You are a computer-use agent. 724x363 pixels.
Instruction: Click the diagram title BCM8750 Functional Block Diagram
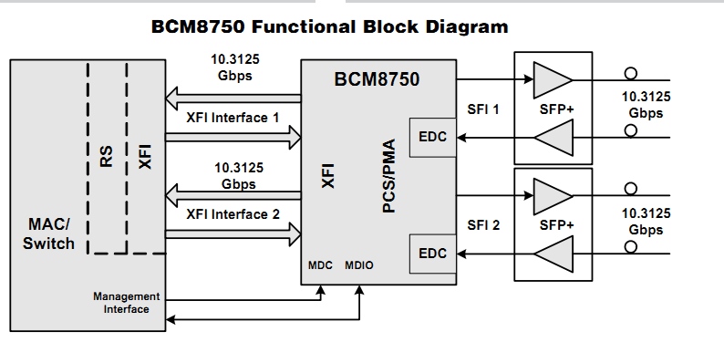click(329, 26)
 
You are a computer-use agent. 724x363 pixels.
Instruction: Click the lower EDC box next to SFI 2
click(432, 253)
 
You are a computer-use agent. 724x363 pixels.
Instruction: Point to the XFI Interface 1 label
click(233, 118)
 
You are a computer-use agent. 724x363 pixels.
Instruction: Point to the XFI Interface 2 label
click(233, 214)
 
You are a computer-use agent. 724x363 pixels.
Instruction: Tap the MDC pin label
click(321, 266)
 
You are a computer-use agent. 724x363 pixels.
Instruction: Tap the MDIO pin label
click(359, 266)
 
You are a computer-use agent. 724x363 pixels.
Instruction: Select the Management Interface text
click(126, 303)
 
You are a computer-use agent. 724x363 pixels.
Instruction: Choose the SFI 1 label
click(483, 109)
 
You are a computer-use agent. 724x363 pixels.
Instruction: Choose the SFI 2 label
click(483, 224)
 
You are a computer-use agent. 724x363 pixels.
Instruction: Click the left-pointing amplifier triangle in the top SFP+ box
click(552, 138)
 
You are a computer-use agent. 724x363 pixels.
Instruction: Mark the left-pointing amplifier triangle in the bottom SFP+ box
click(552, 253)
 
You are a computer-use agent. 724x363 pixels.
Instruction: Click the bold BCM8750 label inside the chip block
click(377, 79)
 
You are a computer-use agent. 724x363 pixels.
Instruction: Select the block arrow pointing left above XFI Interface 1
click(233, 95)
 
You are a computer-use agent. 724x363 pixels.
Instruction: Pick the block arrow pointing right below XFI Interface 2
click(233, 234)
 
